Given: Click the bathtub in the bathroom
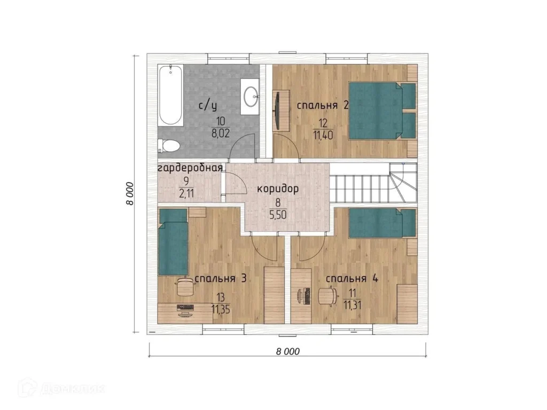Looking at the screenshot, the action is (x=170, y=95).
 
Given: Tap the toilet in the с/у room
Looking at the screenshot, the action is (x=168, y=145).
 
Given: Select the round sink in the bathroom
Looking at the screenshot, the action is (x=251, y=96).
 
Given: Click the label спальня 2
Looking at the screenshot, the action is (x=322, y=105).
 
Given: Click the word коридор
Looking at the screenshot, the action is (x=278, y=189).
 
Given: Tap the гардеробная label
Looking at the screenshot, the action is (x=190, y=168).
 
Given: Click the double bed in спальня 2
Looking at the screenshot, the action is (x=382, y=111).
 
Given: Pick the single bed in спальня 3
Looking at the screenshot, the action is (x=174, y=242).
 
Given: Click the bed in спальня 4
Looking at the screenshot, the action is (x=382, y=223).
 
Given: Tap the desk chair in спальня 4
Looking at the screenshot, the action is (x=328, y=296).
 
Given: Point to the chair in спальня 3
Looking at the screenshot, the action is (x=185, y=287).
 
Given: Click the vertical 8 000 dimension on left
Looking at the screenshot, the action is (x=130, y=193).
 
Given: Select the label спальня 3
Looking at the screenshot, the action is (x=221, y=279).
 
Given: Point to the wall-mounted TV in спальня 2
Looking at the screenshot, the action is (x=276, y=111).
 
